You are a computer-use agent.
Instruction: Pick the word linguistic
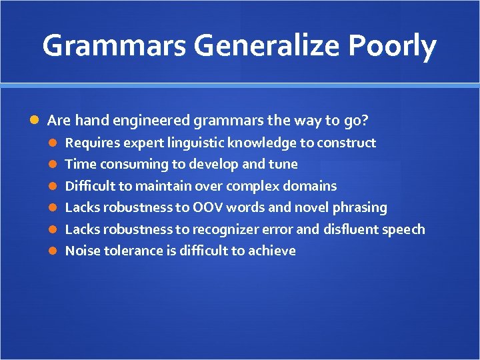coord(196,143)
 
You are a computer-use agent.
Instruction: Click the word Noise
coord(81,251)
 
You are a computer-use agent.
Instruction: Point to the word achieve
coord(272,251)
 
